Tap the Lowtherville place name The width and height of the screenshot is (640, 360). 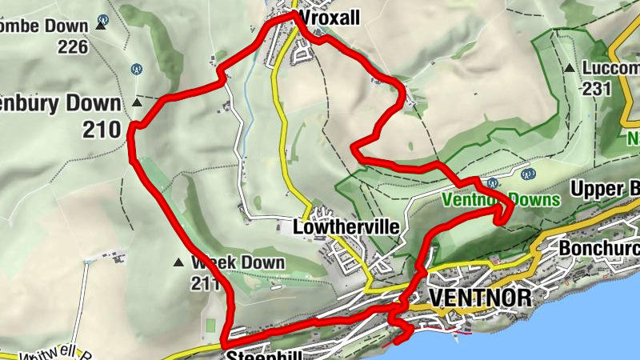click(x=346, y=227)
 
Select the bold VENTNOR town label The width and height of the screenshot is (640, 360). click(x=480, y=298)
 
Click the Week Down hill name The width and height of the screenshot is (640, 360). click(x=238, y=262)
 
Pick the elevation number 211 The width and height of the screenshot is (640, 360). click(x=205, y=282)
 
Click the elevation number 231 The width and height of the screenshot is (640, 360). click(x=596, y=89)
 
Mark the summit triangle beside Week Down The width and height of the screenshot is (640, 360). click(x=178, y=262)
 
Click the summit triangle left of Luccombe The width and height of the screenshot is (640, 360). click(x=569, y=69)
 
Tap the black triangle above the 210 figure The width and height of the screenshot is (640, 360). click(x=137, y=103)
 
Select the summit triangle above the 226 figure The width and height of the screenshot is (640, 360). click(x=100, y=26)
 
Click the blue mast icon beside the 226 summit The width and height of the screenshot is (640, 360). click(x=102, y=18)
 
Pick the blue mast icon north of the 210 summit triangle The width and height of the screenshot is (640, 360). click(x=137, y=68)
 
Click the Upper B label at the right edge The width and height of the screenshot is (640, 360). click(x=605, y=190)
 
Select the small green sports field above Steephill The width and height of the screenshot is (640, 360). click(x=210, y=324)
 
